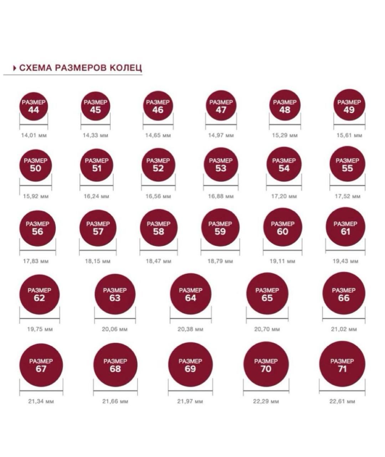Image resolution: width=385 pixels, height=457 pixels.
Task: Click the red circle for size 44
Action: (34, 106)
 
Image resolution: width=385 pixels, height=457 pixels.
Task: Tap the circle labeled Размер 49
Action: (349, 106)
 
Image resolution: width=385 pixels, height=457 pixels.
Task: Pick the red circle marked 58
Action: (158, 228)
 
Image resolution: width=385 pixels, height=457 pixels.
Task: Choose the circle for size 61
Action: (345, 227)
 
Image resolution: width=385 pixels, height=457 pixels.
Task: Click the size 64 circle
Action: (190, 294)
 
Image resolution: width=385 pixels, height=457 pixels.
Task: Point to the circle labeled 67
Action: (41, 365)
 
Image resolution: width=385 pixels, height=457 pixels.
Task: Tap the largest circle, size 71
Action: (342, 365)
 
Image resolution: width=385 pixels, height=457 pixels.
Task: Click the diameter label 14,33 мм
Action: (95, 136)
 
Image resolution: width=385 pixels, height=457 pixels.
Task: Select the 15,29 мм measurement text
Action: (284, 136)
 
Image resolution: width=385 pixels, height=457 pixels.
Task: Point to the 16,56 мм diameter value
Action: (158, 196)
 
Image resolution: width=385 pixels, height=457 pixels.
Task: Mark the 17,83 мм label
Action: (36, 261)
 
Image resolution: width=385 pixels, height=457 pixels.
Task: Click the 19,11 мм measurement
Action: (282, 261)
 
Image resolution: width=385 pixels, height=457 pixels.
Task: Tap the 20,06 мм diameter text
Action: (114, 329)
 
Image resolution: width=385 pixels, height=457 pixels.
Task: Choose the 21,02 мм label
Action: (344, 329)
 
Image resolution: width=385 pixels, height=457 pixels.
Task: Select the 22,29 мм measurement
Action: (266, 401)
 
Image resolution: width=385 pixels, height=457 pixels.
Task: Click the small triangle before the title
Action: (15, 68)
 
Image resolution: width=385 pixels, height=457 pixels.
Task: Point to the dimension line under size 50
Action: (36, 186)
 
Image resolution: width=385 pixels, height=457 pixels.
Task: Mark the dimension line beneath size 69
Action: (190, 391)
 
